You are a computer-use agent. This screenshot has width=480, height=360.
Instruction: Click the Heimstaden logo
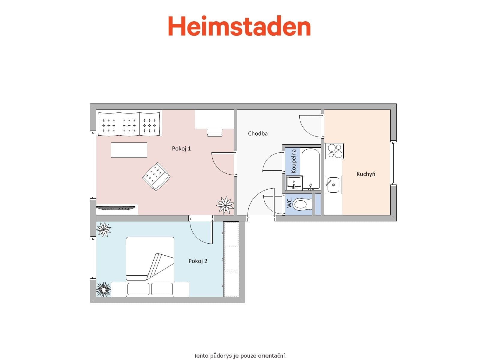239,26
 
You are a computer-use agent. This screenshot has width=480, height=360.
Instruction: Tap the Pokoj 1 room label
181,148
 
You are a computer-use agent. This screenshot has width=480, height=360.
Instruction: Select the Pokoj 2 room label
198,261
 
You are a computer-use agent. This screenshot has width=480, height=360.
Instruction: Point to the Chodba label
258,133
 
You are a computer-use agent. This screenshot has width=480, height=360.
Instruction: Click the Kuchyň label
366,174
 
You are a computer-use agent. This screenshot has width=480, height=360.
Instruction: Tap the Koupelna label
294,161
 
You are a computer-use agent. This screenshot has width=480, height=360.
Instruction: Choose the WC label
289,203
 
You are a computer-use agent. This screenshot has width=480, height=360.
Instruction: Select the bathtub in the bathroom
310,168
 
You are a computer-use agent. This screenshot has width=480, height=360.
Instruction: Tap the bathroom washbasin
294,182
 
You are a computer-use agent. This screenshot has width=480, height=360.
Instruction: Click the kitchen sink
333,185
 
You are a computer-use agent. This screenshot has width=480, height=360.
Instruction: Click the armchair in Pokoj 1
156,176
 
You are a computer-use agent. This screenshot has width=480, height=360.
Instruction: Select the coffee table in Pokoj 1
129,150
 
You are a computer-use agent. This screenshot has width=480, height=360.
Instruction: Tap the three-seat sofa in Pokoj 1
129,123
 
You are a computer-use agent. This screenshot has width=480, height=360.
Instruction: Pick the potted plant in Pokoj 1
225,205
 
